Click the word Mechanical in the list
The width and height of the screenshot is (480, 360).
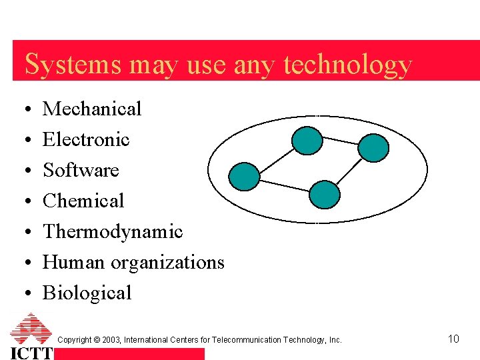pyautogui.click(x=92, y=109)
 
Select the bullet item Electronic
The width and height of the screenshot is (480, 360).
pyautogui.click(x=86, y=139)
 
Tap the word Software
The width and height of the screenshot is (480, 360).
pyautogui.click(x=81, y=170)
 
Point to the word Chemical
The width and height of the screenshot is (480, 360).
pyautogui.click(x=83, y=201)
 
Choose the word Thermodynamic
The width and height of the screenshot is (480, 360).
pyautogui.click(x=113, y=231)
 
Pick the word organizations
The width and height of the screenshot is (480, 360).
pyautogui.click(x=167, y=263)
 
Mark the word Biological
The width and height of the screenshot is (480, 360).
pyautogui.click(x=87, y=293)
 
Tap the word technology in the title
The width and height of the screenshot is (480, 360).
pyautogui.click(x=348, y=65)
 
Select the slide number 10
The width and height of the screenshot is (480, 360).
pyautogui.click(x=453, y=339)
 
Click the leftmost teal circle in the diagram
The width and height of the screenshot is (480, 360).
pyautogui.click(x=244, y=177)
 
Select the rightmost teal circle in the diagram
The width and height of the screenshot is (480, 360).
pyautogui.click(x=373, y=148)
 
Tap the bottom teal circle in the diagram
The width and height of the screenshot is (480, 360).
pyautogui.click(x=325, y=195)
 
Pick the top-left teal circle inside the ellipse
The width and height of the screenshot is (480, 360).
pyautogui.click(x=308, y=140)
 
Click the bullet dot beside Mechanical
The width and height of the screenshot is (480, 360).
pyautogui.click(x=24, y=109)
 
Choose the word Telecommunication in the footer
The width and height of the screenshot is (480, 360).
pyautogui.click(x=247, y=340)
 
